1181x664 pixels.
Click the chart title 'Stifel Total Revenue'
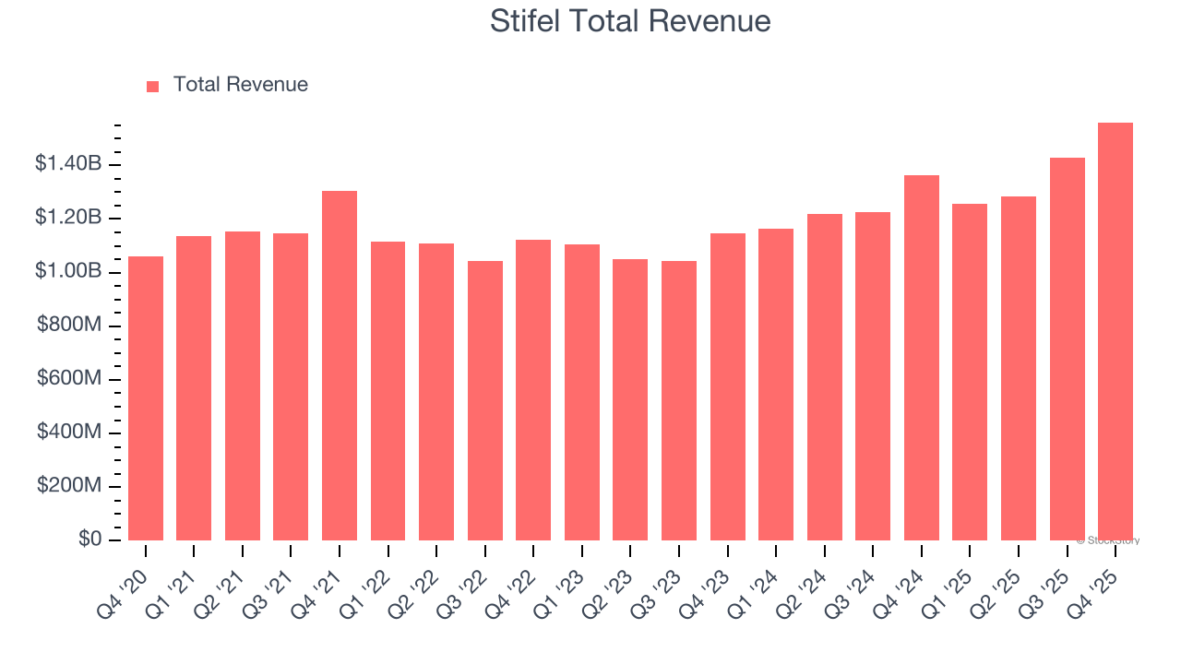click(x=630, y=20)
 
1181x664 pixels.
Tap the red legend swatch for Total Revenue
click(x=152, y=86)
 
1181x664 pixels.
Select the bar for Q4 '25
click(x=1115, y=332)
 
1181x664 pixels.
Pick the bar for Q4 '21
click(x=340, y=365)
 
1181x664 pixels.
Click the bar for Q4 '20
click(x=146, y=398)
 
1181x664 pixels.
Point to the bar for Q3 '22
click(x=485, y=400)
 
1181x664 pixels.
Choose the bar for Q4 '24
click(x=922, y=358)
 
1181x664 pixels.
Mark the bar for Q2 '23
click(x=630, y=399)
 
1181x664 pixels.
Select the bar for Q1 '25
click(x=970, y=372)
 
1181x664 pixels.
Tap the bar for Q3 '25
click(x=1067, y=349)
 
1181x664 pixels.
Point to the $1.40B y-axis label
click(x=68, y=164)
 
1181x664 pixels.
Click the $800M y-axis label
click(x=68, y=326)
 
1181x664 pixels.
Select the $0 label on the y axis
click(x=89, y=539)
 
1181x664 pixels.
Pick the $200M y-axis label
click(x=68, y=486)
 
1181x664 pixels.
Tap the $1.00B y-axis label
click(x=68, y=272)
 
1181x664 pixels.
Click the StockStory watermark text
click(x=1108, y=540)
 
